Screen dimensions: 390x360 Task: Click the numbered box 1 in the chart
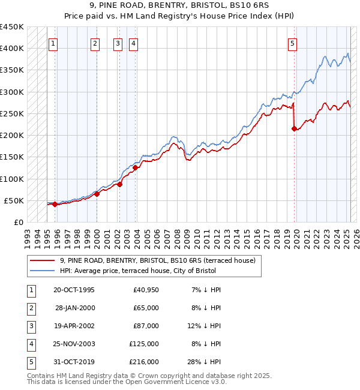click(53, 43)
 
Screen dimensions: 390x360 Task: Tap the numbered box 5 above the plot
click(292, 43)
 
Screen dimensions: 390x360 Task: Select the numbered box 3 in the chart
click(118, 43)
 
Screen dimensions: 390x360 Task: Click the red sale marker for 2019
click(294, 128)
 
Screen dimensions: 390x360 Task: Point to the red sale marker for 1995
click(55, 204)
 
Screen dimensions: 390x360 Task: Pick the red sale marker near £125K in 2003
click(136, 168)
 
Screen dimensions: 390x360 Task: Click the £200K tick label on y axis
click(11, 136)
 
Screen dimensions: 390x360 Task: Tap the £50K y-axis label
click(14, 200)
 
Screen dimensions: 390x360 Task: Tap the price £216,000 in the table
click(143, 362)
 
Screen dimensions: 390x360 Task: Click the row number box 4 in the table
click(30, 344)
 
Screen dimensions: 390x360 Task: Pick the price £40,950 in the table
click(146, 290)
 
